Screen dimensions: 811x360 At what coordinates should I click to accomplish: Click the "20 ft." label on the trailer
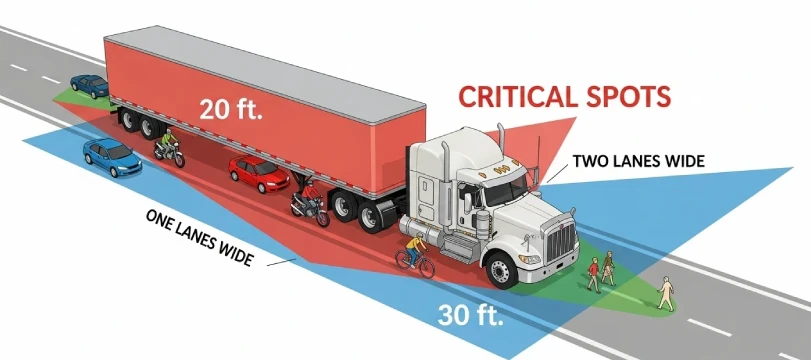click(x=230, y=108)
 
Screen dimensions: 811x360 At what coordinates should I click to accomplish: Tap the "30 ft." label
click(x=470, y=314)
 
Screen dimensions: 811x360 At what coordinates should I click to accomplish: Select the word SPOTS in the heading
click(x=633, y=97)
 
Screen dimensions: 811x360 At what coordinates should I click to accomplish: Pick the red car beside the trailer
click(x=259, y=173)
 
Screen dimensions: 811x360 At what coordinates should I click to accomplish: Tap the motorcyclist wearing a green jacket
click(x=168, y=147)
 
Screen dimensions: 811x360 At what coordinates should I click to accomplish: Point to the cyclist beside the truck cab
click(x=415, y=250)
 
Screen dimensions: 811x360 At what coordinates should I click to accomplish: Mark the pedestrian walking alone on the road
click(x=665, y=292)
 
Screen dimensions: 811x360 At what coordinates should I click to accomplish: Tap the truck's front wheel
click(x=502, y=270)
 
